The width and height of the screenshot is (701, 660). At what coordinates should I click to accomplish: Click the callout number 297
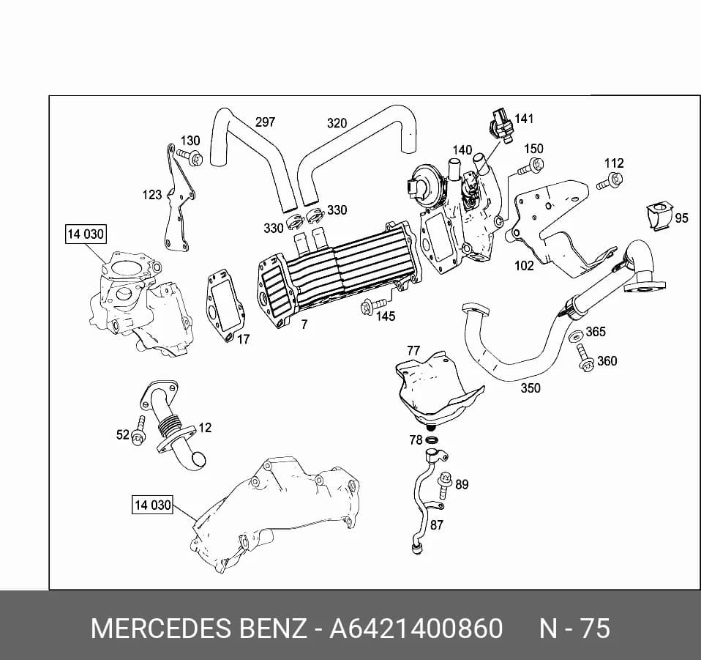click(265, 122)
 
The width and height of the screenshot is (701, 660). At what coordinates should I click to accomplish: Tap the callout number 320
click(337, 123)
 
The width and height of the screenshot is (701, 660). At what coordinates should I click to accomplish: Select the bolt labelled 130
click(190, 157)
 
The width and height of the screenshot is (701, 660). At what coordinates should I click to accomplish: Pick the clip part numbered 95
click(659, 217)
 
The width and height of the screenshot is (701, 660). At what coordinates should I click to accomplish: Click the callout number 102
click(525, 266)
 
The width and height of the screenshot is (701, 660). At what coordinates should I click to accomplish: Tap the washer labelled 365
click(576, 336)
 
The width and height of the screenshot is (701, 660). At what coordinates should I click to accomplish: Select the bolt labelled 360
click(584, 357)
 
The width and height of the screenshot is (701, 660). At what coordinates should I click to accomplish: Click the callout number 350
click(531, 388)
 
